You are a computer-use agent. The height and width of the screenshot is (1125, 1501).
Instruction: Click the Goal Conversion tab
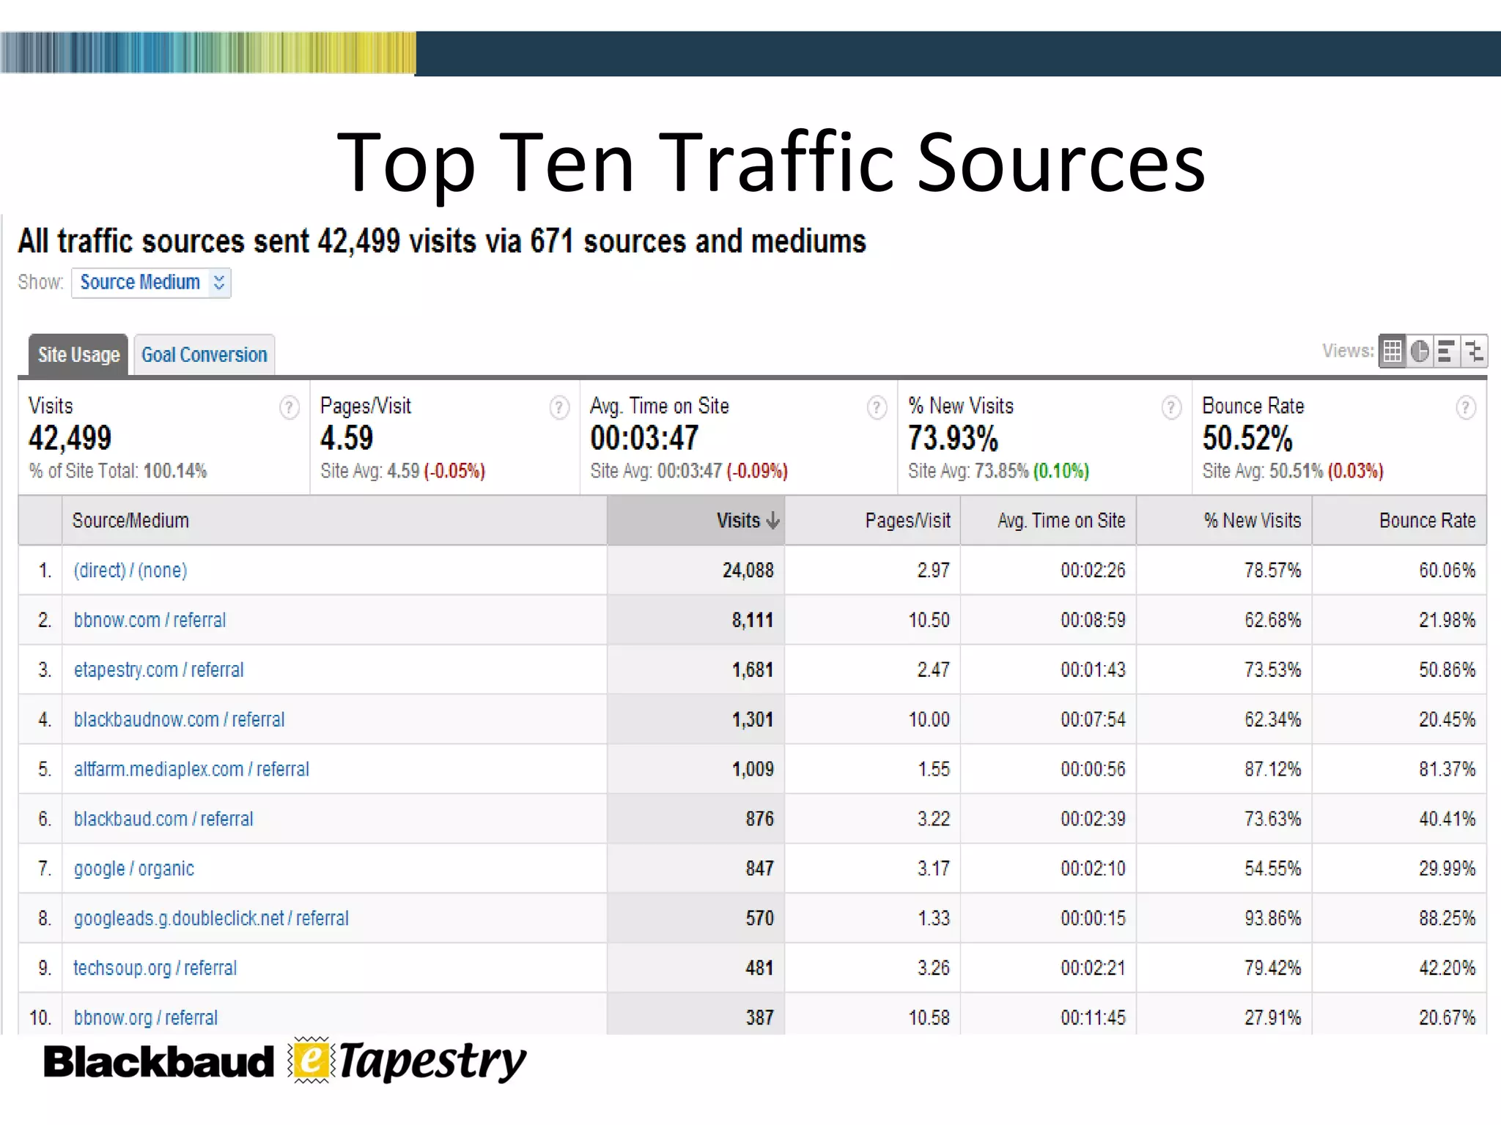204,355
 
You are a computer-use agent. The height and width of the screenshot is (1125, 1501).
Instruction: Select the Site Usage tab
78,355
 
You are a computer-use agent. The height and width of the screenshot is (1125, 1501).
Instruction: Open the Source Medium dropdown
151,283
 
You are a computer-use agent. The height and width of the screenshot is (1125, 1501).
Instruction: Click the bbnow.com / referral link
150,620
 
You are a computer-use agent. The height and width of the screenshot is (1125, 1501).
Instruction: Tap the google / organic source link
133,869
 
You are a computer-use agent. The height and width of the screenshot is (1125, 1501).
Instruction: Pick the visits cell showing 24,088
748,571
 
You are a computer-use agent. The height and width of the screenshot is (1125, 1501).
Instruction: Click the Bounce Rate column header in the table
1426,521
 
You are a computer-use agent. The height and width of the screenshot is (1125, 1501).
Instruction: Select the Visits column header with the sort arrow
746,521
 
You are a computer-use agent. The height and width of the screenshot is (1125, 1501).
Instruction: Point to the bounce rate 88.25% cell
1446,918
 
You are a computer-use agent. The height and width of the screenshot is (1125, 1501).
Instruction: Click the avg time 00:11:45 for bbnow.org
1092,1017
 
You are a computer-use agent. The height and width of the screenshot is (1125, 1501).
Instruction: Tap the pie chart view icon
1419,352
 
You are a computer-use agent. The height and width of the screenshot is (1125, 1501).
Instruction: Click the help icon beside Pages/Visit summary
559,407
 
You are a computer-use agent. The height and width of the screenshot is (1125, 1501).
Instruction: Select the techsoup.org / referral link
155,968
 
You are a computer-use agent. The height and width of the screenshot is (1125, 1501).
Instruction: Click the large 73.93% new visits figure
953,439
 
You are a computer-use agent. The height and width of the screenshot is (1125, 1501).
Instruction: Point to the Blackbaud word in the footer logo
158,1063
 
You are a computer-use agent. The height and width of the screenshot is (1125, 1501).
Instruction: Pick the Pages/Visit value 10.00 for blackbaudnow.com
929,720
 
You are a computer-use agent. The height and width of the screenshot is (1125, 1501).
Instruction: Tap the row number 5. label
45,769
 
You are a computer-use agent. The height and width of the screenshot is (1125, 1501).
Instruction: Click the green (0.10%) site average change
1061,471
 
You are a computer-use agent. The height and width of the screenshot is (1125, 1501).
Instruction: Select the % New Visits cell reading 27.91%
1272,1017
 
